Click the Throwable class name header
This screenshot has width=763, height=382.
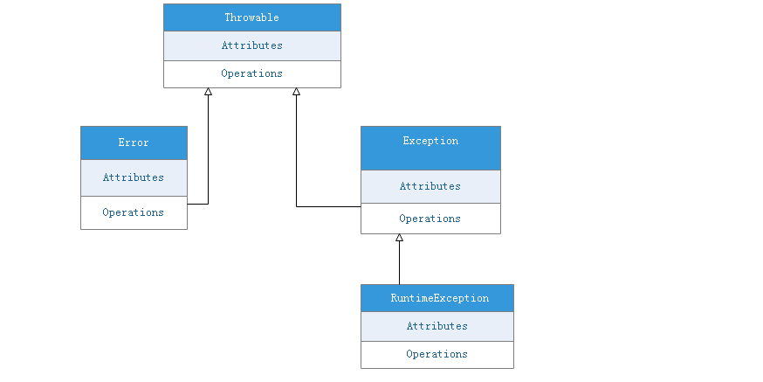click(251, 17)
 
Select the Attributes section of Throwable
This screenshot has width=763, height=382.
click(251, 45)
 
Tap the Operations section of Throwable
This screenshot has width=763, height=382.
click(251, 73)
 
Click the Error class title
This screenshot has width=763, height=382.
click(134, 142)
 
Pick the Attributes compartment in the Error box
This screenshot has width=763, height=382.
click(134, 177)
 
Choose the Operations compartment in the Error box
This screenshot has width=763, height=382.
click(134, 212)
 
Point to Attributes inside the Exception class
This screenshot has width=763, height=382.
click(430, 186)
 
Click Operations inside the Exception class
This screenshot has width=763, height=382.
click(430, 219)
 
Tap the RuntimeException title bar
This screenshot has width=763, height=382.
click(437, 298)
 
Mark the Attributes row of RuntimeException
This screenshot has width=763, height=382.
click(437, 326)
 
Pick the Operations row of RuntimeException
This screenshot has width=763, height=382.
click(437, 354)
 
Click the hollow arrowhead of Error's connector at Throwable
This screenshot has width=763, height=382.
click(208, 92)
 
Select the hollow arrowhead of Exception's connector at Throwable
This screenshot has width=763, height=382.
click(297, 92)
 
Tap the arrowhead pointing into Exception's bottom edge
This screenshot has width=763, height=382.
click(399, 238)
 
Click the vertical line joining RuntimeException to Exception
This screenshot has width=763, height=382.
click(399, 262)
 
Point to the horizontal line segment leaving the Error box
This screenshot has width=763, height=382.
click(197, 204)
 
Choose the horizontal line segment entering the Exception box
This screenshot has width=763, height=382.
click(329, 207)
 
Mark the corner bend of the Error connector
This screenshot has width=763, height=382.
click(208, 204)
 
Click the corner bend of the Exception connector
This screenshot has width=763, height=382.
click(297, 207)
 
